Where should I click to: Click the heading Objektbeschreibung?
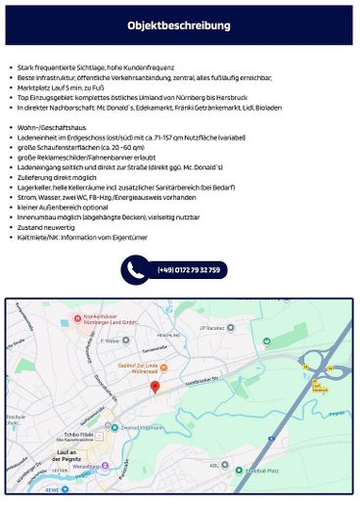click(x=179, y=25)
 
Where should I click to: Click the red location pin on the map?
click(x=155, y=389)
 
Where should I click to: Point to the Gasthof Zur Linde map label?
click(x=166, y=366)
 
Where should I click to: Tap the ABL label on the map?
click(x=214, y=465)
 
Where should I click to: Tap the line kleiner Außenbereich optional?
click(x=58, y=208)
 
